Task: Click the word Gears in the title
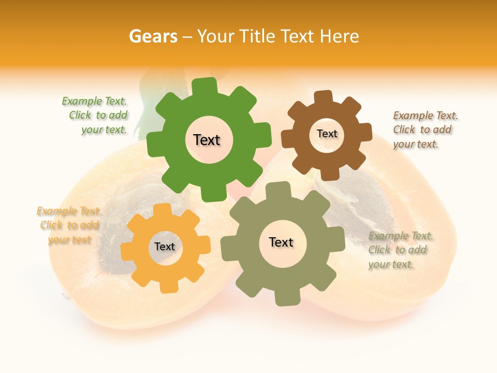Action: pos(153,36)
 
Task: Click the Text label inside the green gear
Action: pos(207,140)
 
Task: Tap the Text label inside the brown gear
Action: pos(327,134)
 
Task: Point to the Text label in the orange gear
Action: pos(165,247)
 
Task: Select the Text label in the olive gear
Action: pos(281,242)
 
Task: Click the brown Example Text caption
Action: pos(425,130)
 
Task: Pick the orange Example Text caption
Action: pos(69,225)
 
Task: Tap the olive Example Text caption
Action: pos(400,250)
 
